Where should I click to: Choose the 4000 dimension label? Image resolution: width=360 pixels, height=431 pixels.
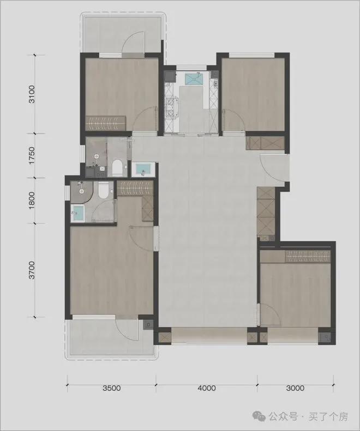(207, 388)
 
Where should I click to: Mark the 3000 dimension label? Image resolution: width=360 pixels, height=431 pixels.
(295, 388)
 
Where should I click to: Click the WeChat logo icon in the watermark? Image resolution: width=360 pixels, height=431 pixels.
(260, 417)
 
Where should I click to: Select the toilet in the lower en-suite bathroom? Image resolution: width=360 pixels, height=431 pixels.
(105, 191)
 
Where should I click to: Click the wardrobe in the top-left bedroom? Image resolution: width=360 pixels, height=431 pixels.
(107, 123)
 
